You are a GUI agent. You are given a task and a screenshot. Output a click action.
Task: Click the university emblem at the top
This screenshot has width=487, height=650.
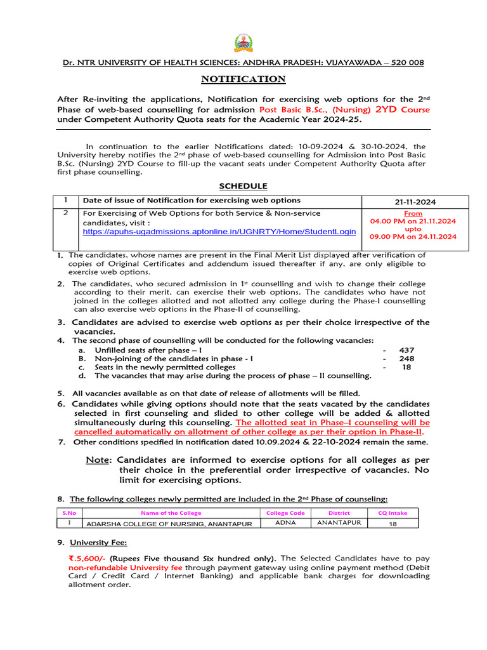[243, 43]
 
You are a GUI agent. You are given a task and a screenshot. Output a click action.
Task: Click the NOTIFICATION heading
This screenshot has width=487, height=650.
[243, 79]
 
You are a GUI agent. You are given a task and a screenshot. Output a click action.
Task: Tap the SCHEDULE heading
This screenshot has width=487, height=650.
[243, 186]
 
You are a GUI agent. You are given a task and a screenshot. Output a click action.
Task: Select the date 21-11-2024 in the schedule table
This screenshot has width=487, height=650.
[415, 202]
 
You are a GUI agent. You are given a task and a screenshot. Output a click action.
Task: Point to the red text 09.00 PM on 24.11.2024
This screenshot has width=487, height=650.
[413, 237]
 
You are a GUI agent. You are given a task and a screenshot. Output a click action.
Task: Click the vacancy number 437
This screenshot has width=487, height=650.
[406, 350]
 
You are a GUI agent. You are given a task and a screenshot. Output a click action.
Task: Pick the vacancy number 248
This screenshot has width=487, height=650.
[406, 359]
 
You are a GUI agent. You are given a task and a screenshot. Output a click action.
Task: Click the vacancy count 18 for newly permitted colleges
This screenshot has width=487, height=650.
[407, 367]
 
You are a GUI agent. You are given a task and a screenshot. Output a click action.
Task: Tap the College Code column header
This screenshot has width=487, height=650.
[285, 513]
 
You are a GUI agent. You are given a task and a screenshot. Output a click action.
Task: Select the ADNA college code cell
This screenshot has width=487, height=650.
[285, 523]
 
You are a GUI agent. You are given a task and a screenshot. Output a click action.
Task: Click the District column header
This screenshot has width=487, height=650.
[339, 513]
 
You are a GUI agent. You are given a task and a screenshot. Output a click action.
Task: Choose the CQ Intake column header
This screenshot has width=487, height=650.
[393, 513]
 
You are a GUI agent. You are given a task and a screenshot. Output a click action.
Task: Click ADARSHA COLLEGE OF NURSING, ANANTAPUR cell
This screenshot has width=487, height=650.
[169, 524]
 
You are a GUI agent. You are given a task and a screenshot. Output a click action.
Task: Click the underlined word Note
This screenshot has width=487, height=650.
[98, 459]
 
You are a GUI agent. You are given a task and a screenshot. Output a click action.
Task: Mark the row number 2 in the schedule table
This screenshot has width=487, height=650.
[66, 213]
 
